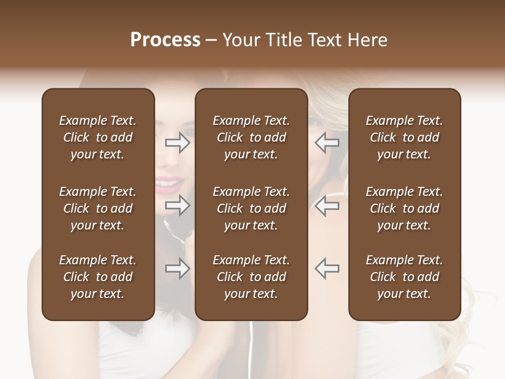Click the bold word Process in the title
coord(165,40)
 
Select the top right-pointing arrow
coord(177,143)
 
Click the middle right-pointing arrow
coord(177,206)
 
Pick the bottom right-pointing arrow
coord(177,269)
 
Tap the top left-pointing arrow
coord(327,143)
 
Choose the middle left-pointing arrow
coord(327,206)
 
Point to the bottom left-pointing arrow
coord(327,269)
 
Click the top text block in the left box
coord(98,137)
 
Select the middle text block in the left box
coord(98,208)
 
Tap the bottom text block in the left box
coord(98,277)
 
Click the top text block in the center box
coord(251,137)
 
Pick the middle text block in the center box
coord(251,208)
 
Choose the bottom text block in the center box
coord(251,277)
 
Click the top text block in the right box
coord(405,137)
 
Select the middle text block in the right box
coord(405,208)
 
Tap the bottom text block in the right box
coord(405,277)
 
